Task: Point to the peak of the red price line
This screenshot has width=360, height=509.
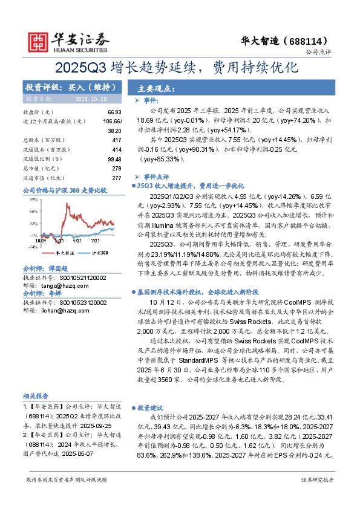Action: click(x=64, y=203)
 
